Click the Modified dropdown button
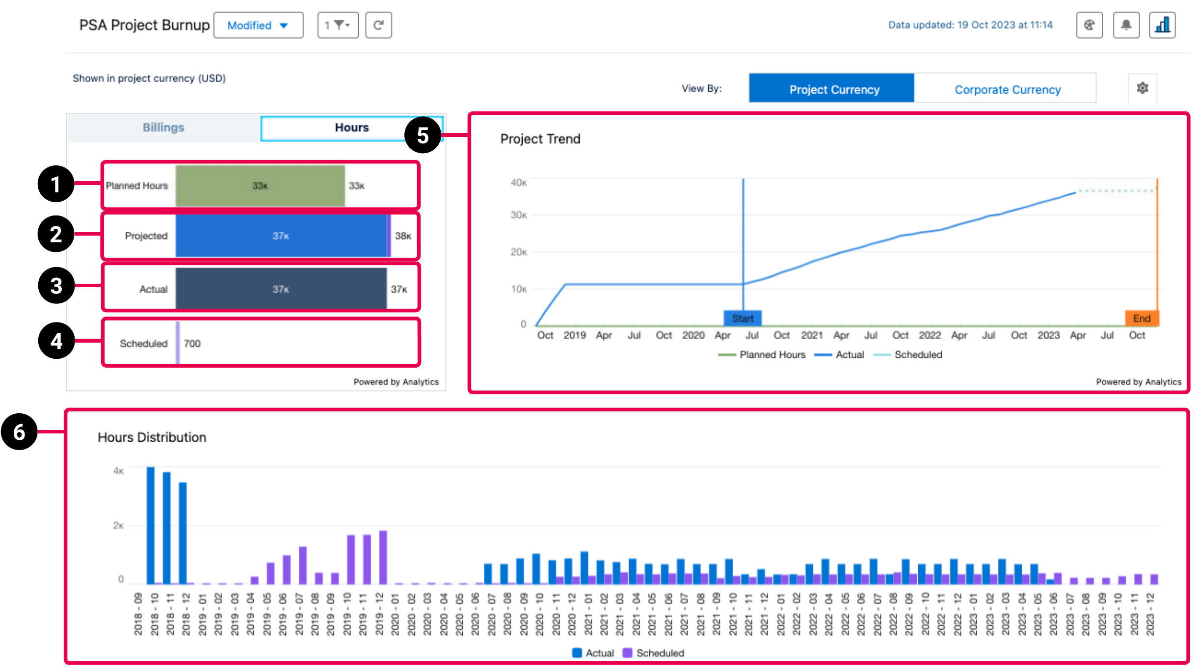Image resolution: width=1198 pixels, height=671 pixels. click(x=258, y=26)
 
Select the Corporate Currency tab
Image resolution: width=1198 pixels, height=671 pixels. click(x=1007, y=89)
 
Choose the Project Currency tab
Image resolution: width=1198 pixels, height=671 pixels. click(x=833, y=89)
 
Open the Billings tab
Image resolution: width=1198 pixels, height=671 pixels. click(x=163, y=128)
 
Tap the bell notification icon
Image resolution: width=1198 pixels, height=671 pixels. click(x=1126, y=25)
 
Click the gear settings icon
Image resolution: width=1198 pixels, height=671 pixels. click(x=1142, y=88)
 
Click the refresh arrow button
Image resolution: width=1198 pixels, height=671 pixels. click(x=378, y=26)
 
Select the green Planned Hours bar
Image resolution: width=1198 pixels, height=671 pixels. click(x=260, y=186)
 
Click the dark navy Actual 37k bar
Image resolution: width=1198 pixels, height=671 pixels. click(x=281, y=289)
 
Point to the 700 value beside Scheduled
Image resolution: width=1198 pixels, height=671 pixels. click(x=192, y=344)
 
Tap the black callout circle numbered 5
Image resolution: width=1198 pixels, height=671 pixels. click(x=423, y=135)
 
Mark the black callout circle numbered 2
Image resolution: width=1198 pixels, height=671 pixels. click(x=56, y=234)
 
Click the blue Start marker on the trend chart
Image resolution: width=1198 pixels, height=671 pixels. click(x=743, y=319)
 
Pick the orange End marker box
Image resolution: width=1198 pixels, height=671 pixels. click(x=1142, y=319)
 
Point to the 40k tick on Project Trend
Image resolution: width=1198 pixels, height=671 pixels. click(x=518, y=183)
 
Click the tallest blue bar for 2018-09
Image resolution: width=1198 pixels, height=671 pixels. click(x=151, y=525)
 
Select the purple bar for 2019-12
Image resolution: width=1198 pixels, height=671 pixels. click(x=383, y=557)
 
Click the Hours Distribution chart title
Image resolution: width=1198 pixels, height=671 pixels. click(x=152, y=437)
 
